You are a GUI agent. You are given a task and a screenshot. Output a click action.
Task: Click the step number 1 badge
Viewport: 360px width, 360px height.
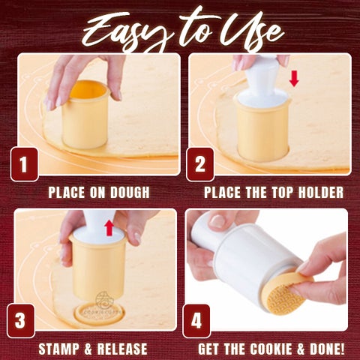24,164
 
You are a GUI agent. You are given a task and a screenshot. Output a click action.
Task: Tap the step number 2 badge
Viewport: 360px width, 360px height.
200,164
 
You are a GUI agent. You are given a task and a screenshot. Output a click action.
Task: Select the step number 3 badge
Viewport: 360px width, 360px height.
21,321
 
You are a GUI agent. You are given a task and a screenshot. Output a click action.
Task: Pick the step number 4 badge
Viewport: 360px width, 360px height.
196,321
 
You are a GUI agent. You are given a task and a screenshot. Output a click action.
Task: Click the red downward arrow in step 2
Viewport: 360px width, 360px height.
294,79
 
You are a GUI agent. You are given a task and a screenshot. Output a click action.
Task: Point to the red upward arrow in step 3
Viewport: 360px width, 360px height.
109,228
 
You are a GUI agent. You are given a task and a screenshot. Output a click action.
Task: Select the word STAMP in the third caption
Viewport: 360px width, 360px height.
59,349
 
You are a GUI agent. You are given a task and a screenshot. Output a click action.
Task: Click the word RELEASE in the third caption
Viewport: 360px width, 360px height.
122,349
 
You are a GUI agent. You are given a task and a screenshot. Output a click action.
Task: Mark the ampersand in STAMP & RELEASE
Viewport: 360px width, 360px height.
88,349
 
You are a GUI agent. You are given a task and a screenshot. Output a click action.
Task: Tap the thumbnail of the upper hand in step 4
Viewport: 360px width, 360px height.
218,221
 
